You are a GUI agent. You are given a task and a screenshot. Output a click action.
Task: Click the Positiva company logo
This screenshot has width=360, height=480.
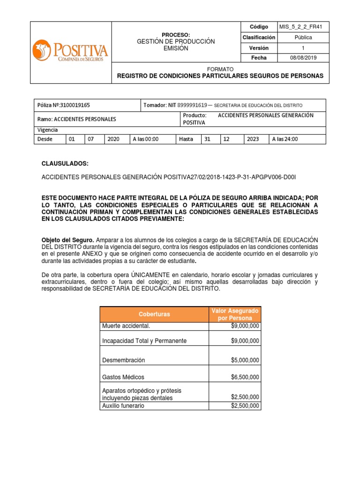click(70, 51)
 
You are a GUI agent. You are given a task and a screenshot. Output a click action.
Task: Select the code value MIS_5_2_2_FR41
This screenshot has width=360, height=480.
click(303, 27)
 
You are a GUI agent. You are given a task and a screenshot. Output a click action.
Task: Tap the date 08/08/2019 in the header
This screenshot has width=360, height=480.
click(303, 58)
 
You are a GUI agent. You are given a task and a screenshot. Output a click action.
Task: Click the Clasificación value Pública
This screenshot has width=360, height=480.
click(303, 37)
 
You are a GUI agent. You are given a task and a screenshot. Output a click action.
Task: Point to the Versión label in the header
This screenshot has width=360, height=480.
click(259, 48)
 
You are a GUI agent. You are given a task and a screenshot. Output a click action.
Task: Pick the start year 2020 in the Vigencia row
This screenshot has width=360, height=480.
click(113, 139)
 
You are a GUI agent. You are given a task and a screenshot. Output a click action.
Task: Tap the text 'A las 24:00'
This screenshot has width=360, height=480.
click(285, 139)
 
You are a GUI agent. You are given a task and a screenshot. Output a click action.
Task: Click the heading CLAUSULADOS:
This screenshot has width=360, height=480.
click(65, 163)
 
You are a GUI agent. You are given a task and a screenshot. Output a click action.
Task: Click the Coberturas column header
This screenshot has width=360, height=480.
click(154, 314)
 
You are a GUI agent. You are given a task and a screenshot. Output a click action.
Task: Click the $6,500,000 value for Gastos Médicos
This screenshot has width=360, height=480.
click(245, 377)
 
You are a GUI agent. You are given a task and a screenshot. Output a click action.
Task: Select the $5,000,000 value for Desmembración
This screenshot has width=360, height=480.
click(245, 360)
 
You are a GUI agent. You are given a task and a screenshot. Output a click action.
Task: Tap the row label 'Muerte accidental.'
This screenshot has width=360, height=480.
click(126, 326)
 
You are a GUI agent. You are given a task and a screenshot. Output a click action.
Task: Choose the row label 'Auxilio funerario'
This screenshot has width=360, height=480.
click(123, 405)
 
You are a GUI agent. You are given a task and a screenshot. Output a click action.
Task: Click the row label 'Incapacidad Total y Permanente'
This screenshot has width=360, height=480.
click(144, 341)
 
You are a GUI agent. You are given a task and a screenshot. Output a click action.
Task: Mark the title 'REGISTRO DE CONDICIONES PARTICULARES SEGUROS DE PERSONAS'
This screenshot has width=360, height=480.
click(219, 75)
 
